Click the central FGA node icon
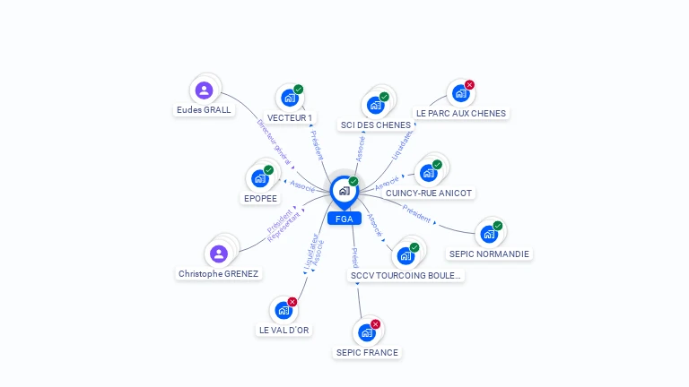click(x=344, y=190)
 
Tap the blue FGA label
click(x=344, y=219)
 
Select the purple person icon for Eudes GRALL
click(x=205, y=90)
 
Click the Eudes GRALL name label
click(x=204, y=110)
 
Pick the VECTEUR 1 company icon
click(x=289, y=98)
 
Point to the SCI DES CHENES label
click(x=376, y=125)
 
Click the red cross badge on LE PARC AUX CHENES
click(x=469, y=85)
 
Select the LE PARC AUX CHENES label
click(x=461, y=114)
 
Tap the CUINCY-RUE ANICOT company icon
click(x=428, y=172)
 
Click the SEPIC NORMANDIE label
click(x=490, y=254)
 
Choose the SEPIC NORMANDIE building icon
click(x=489, y=234)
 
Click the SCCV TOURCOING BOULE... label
click(x=406, y=275)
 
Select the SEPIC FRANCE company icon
click(x=366, y=332)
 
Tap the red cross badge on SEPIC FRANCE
click(x=375, y=324)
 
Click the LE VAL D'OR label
click(x=283, y=330)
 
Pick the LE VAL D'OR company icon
click(x=283, y=310)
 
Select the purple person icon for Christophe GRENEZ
click(x=219, y=254)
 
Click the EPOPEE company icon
click(x=260, y=177)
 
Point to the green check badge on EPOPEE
click(x=268, y=169)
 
